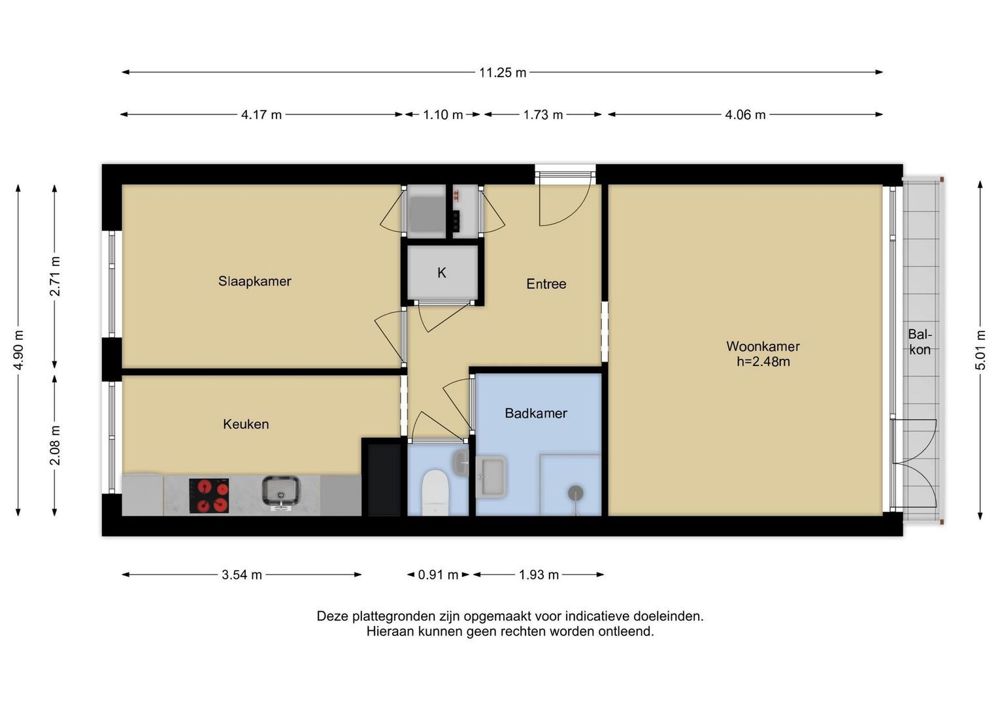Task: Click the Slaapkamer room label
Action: pos(254,281)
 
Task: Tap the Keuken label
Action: pos(246,424)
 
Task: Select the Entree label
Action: pos(546,284)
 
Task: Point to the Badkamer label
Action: pos(536,413)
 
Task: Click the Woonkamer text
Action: pos(763,346)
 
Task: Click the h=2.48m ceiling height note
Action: pos(763,361)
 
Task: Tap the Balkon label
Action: pos(920,342)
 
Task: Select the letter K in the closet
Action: pos(442,273)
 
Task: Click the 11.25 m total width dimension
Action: pos(503,73)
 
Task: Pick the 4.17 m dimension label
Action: pos(261,115)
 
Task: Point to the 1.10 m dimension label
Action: pos(443,115)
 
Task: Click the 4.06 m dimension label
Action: pos(745,115)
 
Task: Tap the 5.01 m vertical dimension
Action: pos(980,350)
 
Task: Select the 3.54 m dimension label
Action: pos(242,575)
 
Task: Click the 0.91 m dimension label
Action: pos(438,575)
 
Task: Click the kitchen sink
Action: pos(280,492)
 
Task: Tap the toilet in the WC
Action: pos(435,492)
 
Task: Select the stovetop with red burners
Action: pos(209,496)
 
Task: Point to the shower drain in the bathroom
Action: pos(576,494)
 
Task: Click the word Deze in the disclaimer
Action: pos(333,616)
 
